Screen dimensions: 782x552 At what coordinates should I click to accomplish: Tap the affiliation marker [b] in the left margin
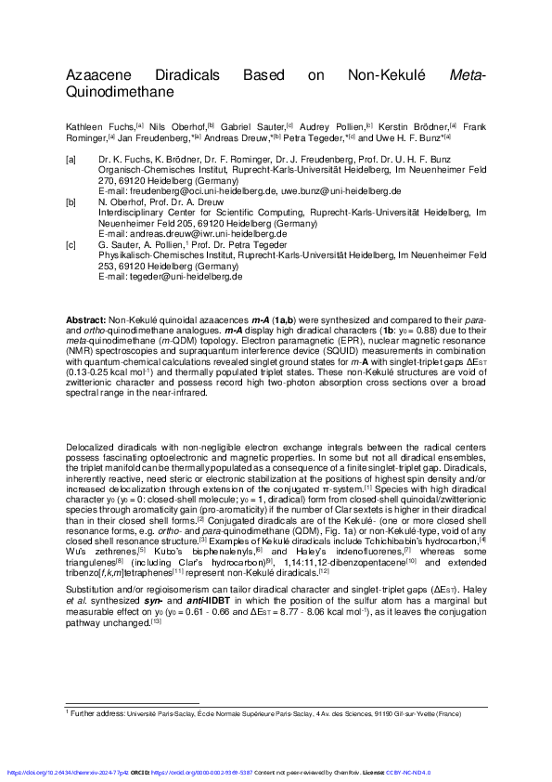[x=71, y=201]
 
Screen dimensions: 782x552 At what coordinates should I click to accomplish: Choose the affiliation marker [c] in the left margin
[x=71, y=244]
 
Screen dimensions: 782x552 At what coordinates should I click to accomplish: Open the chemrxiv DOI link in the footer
[x=70, y=772]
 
